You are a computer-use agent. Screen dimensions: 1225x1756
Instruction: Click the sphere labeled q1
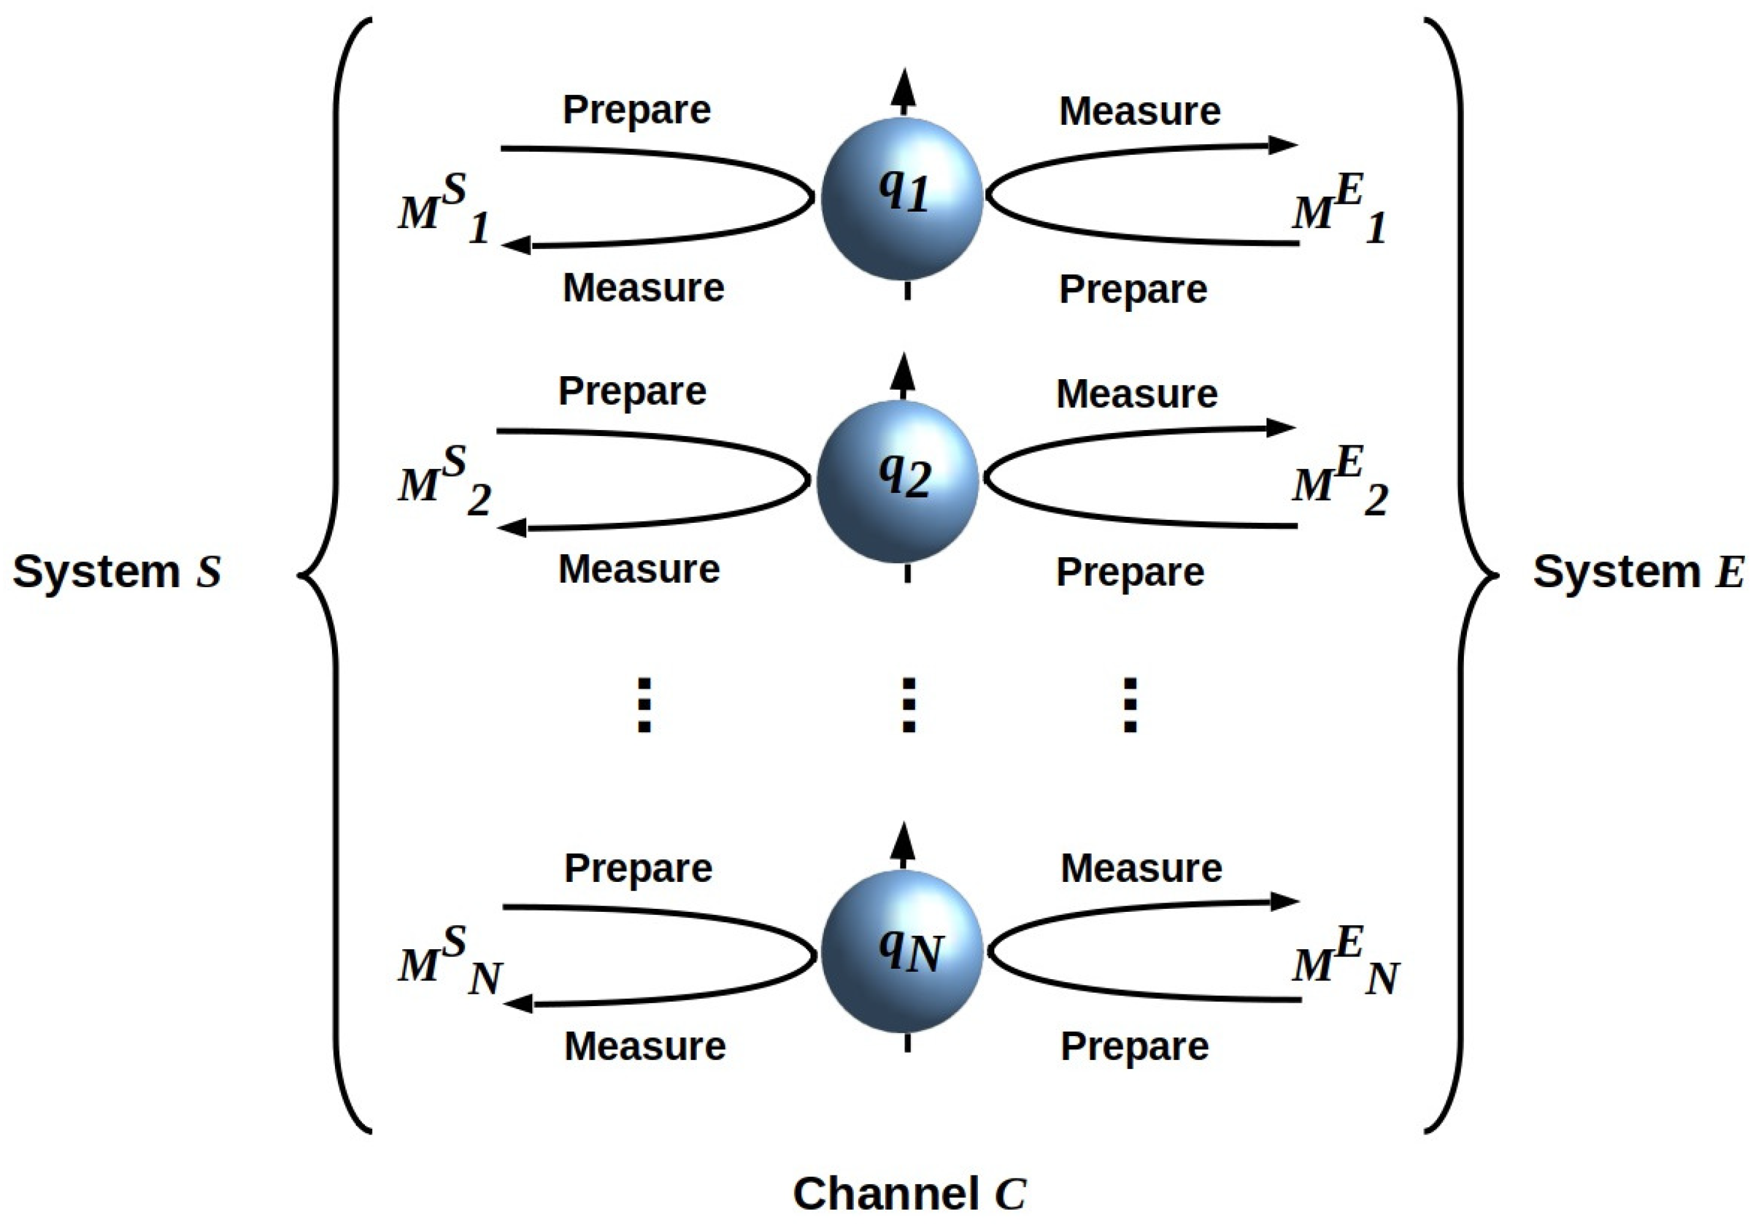click(x=902, y=198)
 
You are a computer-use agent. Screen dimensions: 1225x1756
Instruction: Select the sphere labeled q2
click(x=898, y=481)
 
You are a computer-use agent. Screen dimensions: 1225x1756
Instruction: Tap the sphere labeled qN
click(x=902, y=951)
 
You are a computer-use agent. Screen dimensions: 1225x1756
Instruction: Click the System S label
click(x=117, y=572)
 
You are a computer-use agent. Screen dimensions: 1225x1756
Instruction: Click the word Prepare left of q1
click(x=636, y=110)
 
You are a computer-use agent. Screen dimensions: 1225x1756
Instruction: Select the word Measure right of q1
click(x=1139, y=112)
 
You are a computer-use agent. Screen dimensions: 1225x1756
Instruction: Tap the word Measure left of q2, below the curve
click(x=639, y=569)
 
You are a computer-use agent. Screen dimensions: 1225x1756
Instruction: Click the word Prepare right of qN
click(x=1134, y=1046)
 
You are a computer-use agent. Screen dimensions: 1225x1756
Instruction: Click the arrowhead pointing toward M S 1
click(x=517, y=245)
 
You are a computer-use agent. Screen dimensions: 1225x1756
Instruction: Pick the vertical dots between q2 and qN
click(x=908, y=705)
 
